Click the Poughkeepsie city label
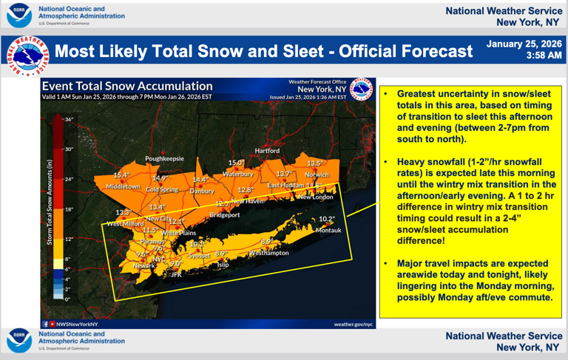(x=164, y=158)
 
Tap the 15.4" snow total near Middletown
(x=121, y=175)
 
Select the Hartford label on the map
(x=267, y=151)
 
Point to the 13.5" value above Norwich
(x=316, y=163)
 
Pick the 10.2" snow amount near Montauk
(x=327, y=219)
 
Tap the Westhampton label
(x=268, y=253)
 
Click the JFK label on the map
(x=176, y=274)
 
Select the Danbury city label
(x=201, y=191)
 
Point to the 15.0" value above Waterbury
(x=235, y=163)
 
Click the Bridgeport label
(x=224, y=215)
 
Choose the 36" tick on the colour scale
(x=69, y=119)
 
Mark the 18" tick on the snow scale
(x=69, y=209)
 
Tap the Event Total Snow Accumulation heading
(x=127, y=86)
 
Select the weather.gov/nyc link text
(x=354, y=324)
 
